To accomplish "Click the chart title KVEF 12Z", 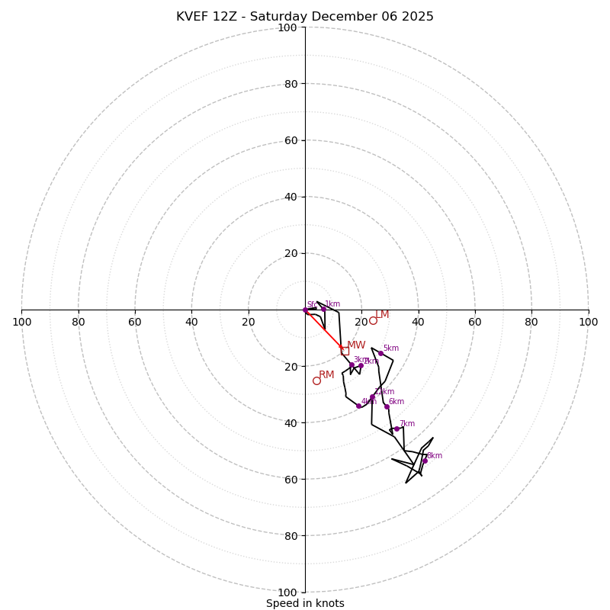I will click(305, 17).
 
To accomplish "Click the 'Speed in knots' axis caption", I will click(305, 603).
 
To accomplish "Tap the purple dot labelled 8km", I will click(425, 461).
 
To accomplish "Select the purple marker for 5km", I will click(380, 353).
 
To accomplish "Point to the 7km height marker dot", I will click(396, 429).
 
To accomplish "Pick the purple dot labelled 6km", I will click(387, 406).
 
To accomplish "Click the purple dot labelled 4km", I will click(358, 406).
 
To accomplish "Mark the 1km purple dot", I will click(323, 309).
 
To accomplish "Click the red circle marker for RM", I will click(316, 380).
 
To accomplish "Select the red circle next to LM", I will click(373, 320).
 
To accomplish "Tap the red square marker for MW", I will click(345, 351).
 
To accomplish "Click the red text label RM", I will click(326, 374).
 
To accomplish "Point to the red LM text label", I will click(382, 314).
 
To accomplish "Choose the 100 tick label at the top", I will click(287, 27).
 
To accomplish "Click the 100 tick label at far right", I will click(589, 322).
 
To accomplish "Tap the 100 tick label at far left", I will click(21, 322).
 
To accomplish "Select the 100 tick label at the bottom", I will click(287, 592).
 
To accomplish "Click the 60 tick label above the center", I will click(290, 140).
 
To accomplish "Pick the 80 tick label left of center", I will click(79, 322).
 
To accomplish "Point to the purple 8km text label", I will click(435, 455).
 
